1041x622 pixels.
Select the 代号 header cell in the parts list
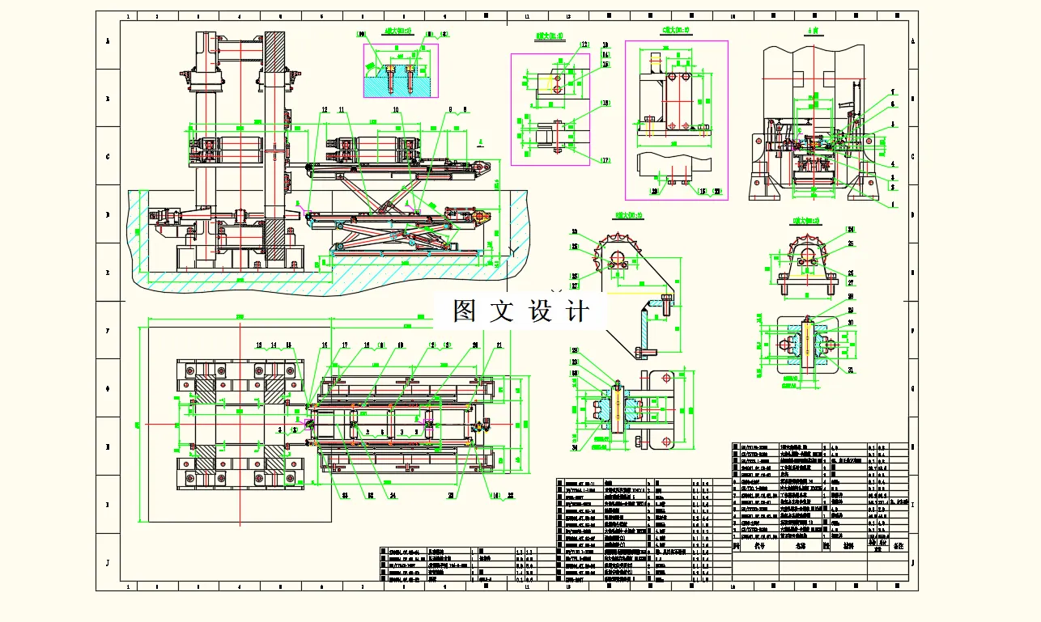click(x=758, y=547)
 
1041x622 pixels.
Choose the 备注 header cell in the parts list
click(x=897, y=547)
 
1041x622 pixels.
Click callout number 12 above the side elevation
click(x=324, y=109)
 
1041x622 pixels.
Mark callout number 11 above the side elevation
click(x=342, y=109)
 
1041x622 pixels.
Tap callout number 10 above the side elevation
click(x=396, y=109)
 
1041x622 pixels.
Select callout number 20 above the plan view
click(x=474, y=345)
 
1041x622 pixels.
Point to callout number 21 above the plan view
click(x=499, y=345)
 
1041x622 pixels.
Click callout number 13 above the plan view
click(x=260, y=345)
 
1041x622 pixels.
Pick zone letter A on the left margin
click(x=108, y=40)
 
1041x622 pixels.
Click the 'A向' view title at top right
click(x=813, y=31)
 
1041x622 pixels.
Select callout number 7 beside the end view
click(x=893, y=91)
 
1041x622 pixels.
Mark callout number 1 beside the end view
click(x=894, y=205)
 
